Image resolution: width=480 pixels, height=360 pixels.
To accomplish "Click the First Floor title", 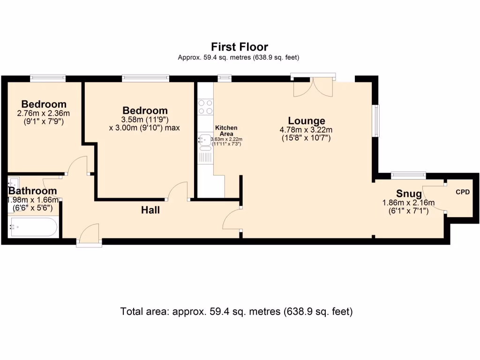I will click(x=239, y=47).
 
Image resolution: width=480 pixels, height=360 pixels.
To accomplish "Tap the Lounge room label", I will click(x=306, y=121).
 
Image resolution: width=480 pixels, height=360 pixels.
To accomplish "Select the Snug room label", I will click(x=409, y=194).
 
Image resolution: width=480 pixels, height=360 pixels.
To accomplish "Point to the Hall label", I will click(x=150, y=210).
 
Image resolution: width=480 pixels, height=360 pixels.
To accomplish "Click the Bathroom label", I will click(x=33, y=191).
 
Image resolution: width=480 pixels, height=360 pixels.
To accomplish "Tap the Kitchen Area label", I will click(x=226, y=131).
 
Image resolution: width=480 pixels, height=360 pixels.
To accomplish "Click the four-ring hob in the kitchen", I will click(x=205, y=107).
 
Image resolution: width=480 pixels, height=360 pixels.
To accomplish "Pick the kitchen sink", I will click(x=205, y=139).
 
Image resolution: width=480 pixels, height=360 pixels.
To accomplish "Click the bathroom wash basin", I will click(x=14, y=182).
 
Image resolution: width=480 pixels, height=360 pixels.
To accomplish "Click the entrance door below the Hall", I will click(x=89, y=234).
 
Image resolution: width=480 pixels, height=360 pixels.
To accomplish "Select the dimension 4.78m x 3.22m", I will click(x=306, y=130).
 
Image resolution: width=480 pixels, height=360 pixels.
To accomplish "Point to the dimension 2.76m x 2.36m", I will click(x=43, y=113).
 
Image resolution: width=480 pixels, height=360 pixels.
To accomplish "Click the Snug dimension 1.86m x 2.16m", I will click(x=408, y=203).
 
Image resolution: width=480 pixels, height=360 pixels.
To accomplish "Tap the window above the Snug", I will click(x=408, y=176).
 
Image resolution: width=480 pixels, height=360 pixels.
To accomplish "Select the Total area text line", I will click(x=236, y=311).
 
